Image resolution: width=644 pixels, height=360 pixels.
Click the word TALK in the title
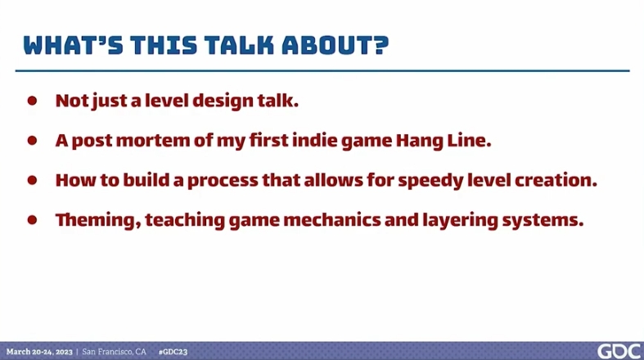pos(239,45)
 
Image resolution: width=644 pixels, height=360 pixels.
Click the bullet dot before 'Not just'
pos(33,101)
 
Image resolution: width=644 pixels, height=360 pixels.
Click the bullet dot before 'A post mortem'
pos(33,141)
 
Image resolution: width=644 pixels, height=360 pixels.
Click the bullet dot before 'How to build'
pos(33,181)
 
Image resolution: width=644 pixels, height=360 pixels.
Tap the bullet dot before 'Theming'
pos(33,220)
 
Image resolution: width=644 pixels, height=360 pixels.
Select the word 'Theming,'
pos(98,220)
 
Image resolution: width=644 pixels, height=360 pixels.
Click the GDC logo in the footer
pos(619,352)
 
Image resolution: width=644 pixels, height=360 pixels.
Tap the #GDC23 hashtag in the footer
pos(173,352)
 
